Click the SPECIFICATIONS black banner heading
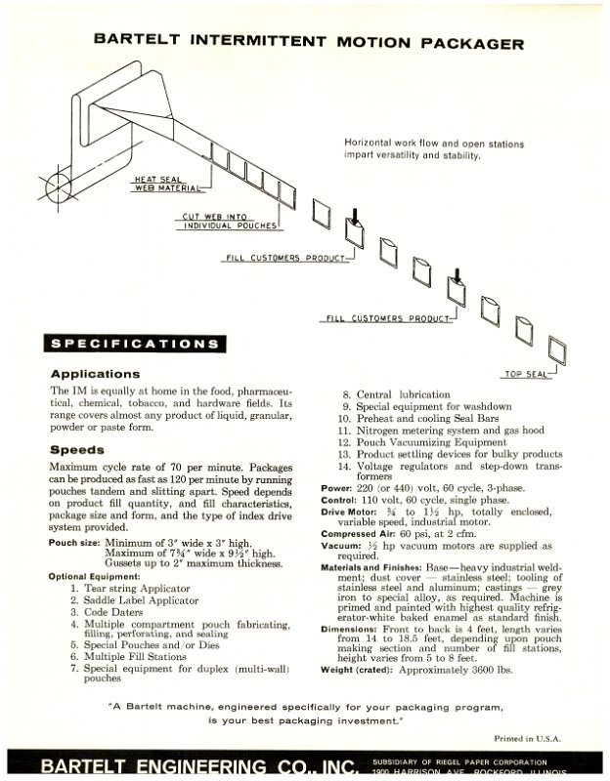(134, 344)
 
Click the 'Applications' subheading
(95, 374)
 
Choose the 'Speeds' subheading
(77, 450)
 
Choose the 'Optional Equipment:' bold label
(95, 577)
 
